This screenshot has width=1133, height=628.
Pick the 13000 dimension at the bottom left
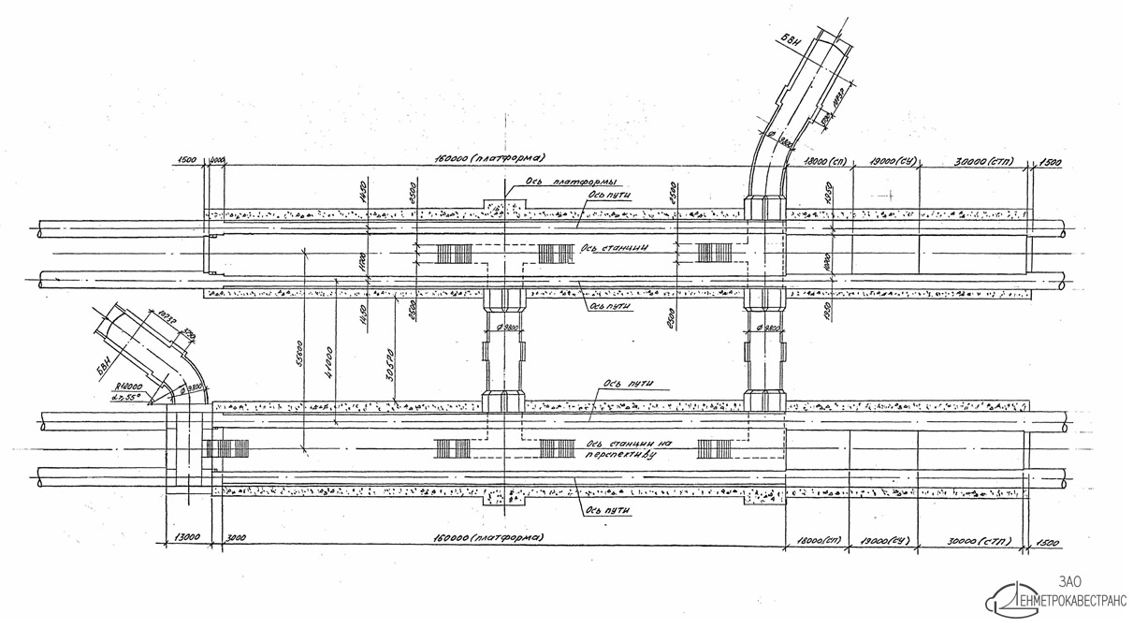(184, 538)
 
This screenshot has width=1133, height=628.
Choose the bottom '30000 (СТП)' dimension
(973, 541)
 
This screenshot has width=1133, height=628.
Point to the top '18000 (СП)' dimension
(820, 161)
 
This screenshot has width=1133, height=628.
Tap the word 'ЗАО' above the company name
(1065, 581)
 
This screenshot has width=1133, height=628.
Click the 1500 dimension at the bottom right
(1049, 542)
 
